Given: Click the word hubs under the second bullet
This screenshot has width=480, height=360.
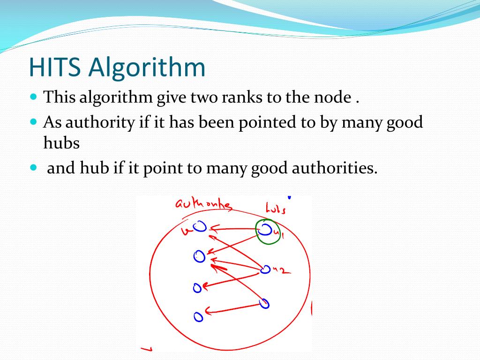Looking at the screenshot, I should click(61, 143).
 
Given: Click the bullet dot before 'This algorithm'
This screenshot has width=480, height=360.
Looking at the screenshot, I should click(33, 97).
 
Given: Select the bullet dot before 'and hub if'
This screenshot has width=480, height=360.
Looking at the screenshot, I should click(33, 167).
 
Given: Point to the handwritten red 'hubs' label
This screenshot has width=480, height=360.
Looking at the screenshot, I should click(275, 208).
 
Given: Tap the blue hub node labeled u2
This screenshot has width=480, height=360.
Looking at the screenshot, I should click(265, 270).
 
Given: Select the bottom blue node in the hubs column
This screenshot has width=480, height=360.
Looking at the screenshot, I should click(265, 303).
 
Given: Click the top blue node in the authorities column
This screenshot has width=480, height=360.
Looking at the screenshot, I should click(201, 227).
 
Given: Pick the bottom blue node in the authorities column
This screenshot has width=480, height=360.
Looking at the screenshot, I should click(199, 317).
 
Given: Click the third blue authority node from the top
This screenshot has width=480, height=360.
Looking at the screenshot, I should click(198, 287).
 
